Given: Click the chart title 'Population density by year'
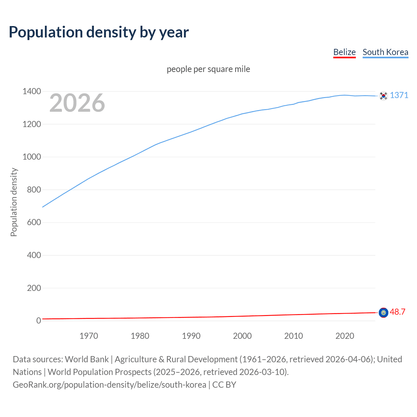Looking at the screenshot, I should pyautogui.click(x=99, y=32).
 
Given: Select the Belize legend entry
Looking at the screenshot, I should pyautogui.click(x=344, y=52).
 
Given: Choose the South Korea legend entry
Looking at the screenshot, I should pyautogui.click(x=385, y=52).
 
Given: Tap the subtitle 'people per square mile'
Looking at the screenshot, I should pyautogui.click(x=208, y=69).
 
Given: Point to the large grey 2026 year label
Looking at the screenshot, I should pyautogui.click(x=77, y=103).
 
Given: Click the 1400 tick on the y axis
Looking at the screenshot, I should pyautogui.click(x=32, y=91).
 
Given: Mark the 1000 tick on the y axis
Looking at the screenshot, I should pyautogui.click(x=32, y=157).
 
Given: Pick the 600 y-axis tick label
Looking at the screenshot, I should pyautogui.click(x=34, y=222).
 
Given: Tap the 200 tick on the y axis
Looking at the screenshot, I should pyautogui.click(x=34, y=288).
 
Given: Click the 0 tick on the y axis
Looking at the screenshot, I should pyautogui.click(x=38, y=321).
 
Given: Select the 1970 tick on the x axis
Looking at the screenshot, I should pyautogui.click(x=89, y=336).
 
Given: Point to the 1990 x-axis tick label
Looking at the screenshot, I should pyautogui.click(x=191, y=336).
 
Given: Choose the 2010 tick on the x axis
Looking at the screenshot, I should pyautogui.click(x=294, y=336).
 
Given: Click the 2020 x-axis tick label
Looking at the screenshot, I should pyautogui.click(x=345, y=336).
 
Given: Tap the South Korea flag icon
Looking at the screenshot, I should pyautogui.click(x=383, y=95).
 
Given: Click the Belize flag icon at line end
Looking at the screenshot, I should pyautogui.click(x=383, y=312).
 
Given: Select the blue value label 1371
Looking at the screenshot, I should pyautogui.click(x=399, y=95).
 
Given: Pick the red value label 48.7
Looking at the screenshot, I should pyautogui.click(x=397, y=312).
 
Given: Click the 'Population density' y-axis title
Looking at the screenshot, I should pyautogui.click(x=14, y=202).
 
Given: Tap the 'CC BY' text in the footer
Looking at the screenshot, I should pyautogui.click(x=224, y=384).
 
